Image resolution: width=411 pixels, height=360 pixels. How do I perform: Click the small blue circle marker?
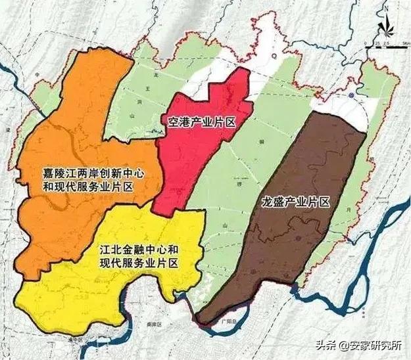point(352,96)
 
